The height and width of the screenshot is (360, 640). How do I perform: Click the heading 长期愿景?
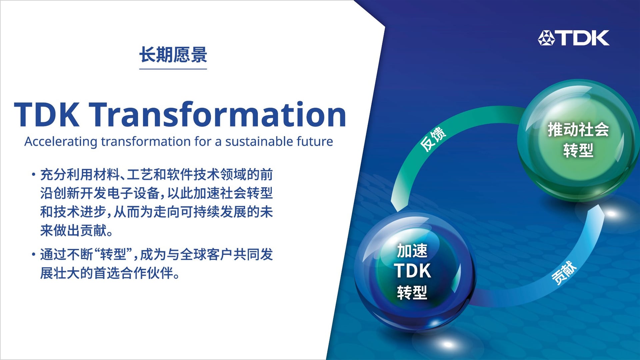173,55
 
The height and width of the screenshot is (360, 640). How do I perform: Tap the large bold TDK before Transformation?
47,114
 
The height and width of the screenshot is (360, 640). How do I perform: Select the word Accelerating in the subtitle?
61,142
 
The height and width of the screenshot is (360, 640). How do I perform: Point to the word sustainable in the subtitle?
259,141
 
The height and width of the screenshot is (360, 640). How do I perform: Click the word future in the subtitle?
315,141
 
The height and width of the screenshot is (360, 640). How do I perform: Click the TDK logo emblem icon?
546,38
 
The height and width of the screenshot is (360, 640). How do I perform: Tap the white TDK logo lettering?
583,38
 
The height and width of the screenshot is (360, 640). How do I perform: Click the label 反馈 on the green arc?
433,139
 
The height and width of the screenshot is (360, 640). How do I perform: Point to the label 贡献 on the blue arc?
564,273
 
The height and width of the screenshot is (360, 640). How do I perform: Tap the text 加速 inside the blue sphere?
412,251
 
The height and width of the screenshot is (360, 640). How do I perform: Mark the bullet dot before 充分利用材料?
33,174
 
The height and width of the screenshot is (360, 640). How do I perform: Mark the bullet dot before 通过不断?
33,255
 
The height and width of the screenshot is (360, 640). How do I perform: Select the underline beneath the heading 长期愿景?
173,69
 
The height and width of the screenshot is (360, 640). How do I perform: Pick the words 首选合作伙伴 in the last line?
133,273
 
